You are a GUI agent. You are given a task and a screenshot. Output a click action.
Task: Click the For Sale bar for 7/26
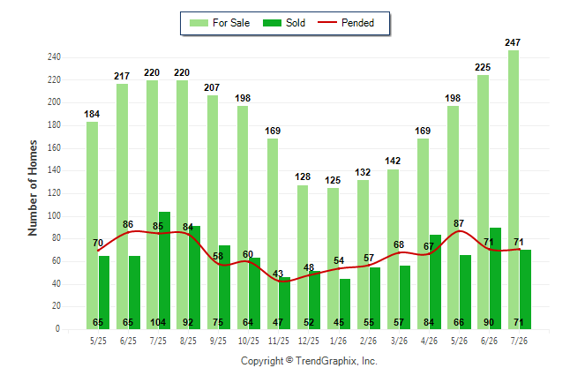pyautogui.click(x=514, y=190)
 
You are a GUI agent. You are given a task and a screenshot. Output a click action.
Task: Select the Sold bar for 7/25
pyautogui.click(x=164, y=270)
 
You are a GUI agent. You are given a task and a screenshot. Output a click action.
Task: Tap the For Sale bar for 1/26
pyautogui.click(x=333, y=259)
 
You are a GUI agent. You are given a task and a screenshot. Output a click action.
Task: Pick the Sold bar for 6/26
pyautogui.click(x=495, y=278)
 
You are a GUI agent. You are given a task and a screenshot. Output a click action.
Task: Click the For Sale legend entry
pyautogui.click(x=220, y=23)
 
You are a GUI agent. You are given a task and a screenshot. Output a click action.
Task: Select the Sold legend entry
pyautogui.click(x=284, y=23)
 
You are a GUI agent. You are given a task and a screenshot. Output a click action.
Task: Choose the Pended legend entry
pyautogui.click(x=346, y=23)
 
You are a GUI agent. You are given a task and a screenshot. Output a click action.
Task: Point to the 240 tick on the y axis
pyautogui.click(x=54, y=57)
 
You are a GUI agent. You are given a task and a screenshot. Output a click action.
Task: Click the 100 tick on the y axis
pyautogui.click(x=54, y=215)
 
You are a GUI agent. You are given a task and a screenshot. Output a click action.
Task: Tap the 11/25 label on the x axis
pyautogui.click(x=279, y=341)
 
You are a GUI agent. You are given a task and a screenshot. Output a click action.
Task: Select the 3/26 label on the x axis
pyautogui.click(x=399, y=341)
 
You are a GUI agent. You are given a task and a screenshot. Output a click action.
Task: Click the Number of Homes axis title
pyautogui.click(x=33, y=188)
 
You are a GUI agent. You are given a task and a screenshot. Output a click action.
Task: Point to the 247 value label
pyautogui.click(x=513, y=42)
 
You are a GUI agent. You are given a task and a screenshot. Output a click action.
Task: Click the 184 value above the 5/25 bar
pyautogui.click(x=92, y=114)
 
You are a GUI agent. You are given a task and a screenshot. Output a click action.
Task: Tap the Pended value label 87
pyautogui.click(x=459, y=223)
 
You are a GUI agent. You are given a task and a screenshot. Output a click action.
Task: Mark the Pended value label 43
pyautogui.click(x=278, y=274)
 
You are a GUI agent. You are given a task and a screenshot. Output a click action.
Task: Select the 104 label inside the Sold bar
pyautogui.click(x=158, y=322)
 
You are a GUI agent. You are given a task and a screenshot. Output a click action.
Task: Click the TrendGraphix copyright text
pyautogui.click(x=309, y=361)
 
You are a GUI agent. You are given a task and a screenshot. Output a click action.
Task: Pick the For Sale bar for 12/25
pyautogui.click(x=303, y=257)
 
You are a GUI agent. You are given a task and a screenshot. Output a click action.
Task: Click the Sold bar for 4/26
pyautogui.click(x=435, y=282)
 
